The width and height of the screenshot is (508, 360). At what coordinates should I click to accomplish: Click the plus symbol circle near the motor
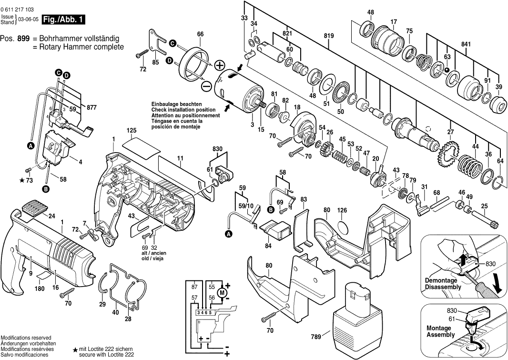coord(220,65)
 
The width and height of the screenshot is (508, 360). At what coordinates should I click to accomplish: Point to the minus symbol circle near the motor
coord(206,86)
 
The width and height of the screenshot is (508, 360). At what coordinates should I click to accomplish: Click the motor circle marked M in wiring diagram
coord(222,292)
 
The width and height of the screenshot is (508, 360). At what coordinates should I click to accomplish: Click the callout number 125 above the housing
coord(132,130)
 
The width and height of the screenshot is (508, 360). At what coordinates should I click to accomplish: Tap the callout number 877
coord(91,108)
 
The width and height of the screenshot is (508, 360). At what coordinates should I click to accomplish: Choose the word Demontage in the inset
coord(441,280)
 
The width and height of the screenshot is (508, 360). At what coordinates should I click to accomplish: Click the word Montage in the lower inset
coord(439,328)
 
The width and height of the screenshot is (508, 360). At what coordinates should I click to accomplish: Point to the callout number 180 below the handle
coord(40,288)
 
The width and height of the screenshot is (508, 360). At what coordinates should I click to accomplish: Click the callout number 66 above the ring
coord(200,34)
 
